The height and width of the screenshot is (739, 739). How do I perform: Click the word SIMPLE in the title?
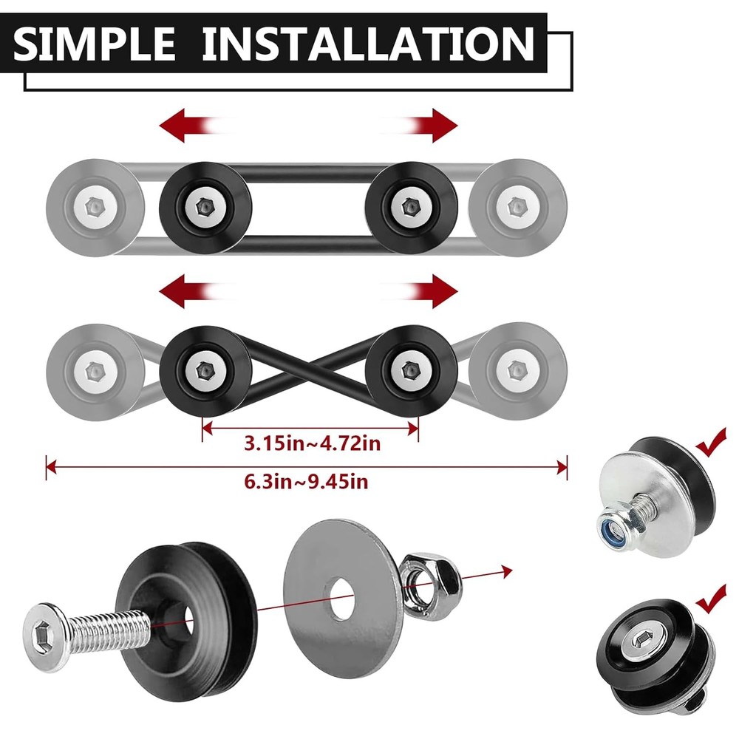[x=96, y=44]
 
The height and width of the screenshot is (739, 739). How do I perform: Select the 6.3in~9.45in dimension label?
[x=306, y=483]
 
